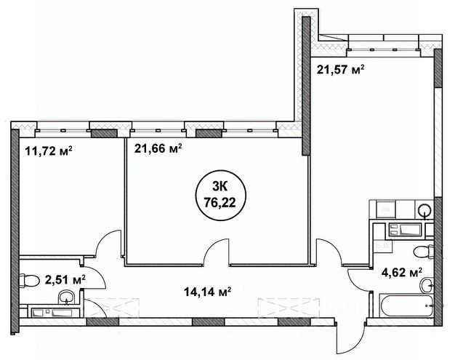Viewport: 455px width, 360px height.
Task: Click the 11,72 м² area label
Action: (49, 151)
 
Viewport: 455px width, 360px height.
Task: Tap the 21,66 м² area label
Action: (158, 148)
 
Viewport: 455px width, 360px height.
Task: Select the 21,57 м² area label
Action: (341, 70)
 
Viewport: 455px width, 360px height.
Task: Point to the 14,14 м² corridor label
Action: (207, 292)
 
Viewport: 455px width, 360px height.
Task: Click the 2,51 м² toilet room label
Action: (65, 280)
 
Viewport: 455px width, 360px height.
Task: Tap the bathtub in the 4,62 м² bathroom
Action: (406, 305)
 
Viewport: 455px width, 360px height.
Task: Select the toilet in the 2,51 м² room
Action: (29, 281)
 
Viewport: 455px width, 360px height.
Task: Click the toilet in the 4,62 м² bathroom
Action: (424, 252)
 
